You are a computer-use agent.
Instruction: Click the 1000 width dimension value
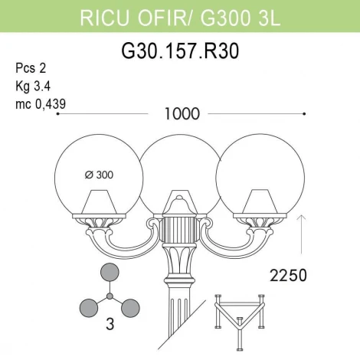click(181, 114)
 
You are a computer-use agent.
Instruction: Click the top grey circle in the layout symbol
click(110, 273)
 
